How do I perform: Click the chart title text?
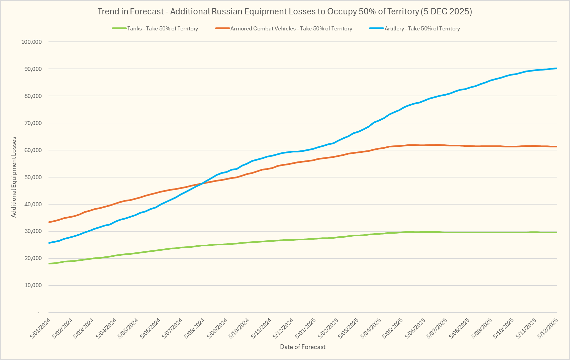pos(285,11)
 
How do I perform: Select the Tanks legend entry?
pos(162,29)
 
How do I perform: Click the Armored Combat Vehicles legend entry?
pos(291,29)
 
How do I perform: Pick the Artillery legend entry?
pos(422,29)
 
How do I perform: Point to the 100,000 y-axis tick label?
pos(31,42)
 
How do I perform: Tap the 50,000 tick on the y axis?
pos(32,177)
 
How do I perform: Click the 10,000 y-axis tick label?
pos(32,285)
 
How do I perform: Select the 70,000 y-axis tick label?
pos(32,123)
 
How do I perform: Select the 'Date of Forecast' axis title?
pos(303,347)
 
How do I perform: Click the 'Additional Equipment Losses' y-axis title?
pos(14,177)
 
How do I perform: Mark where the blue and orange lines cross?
pos(202,183)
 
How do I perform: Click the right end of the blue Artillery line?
pos(556,69)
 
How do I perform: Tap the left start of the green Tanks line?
pos(50,264)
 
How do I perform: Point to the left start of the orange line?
pos(50,222)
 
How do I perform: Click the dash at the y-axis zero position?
pos(38,313)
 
